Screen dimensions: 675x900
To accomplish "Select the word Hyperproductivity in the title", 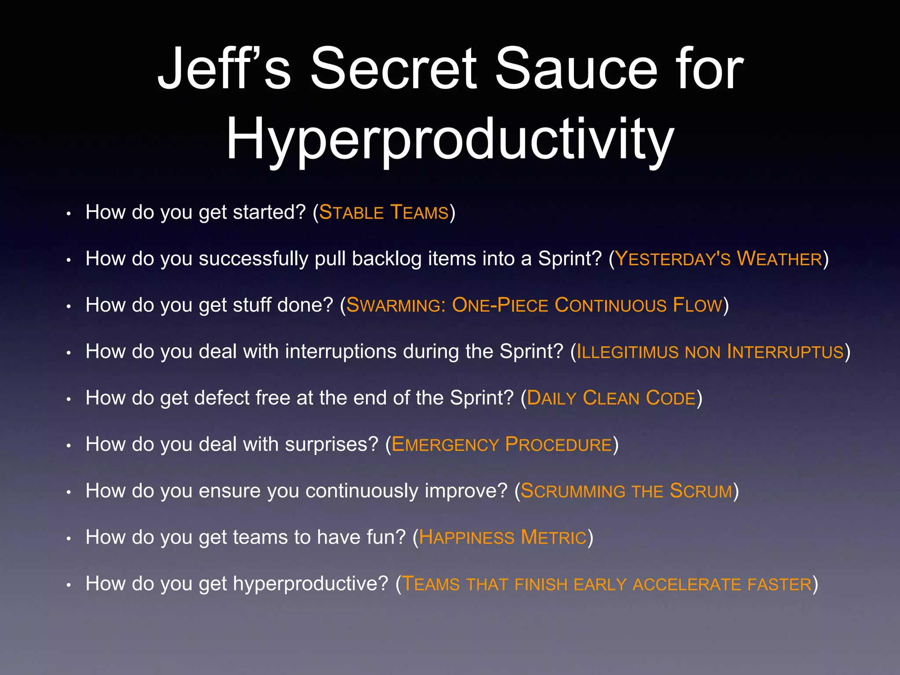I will pyautogui.click(x=450, y=140).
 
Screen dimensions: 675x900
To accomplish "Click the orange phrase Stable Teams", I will pyautogui.click(x=384, y=213).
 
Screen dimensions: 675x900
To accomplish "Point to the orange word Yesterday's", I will pyautogui.click(x=673, y=259).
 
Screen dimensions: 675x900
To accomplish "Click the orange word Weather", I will pyautogui.click(x=779, y=259).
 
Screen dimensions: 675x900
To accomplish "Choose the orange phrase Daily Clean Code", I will pyautogui.click(x=611, y=398).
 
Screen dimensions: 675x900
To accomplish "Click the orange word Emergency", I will pyautogui.click(x=445, y=445).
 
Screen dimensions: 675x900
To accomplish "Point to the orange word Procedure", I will pyautogui.click(x=559, y=445).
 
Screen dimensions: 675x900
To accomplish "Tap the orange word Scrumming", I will pyautogui.click(x=573, y=491).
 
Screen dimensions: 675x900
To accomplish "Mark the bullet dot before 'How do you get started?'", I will pyautogui.click(x=69, y=214).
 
